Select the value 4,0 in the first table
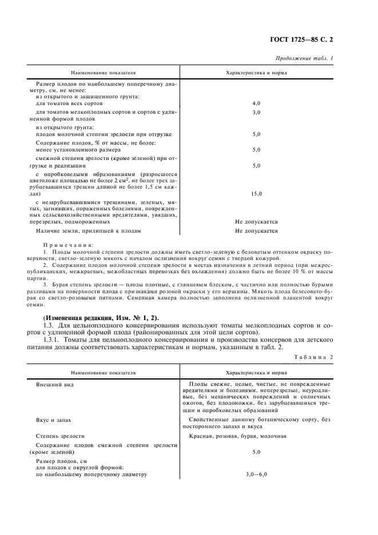256,103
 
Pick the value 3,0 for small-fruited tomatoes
256,113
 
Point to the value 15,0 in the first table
256,194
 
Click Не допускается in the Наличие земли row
256,231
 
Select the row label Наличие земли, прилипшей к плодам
88,231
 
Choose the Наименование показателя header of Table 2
103,372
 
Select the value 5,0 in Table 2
256,452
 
